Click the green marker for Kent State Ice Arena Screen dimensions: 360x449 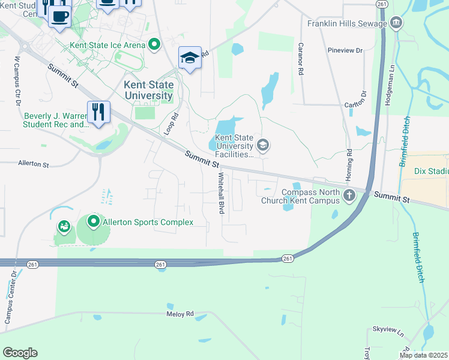154,44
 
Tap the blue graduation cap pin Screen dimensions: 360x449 190,58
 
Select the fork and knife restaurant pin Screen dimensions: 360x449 98,112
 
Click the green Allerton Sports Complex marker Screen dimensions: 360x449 94,222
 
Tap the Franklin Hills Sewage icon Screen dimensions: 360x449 396,24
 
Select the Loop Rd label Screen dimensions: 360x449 171,124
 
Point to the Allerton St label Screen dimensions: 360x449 34,163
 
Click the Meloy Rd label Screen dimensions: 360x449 180,314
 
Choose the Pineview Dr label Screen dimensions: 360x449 346,50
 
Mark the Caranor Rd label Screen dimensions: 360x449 299,59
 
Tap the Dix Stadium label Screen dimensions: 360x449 432,170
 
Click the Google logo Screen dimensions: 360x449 20,353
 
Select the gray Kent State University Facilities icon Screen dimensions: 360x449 262,145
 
